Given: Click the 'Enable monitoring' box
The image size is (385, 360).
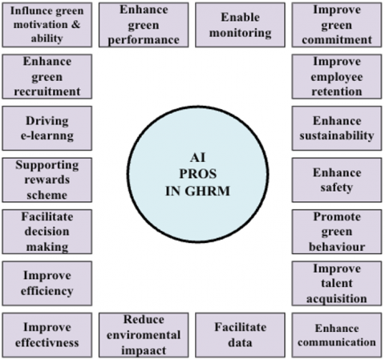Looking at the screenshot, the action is [x=240, y=25].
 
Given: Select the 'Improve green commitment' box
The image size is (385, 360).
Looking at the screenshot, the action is [x=337, y=25].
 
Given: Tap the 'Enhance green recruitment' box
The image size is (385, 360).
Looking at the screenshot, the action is [x=47, y=77].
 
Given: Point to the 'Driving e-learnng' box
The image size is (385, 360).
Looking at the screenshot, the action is [x=47, y=128].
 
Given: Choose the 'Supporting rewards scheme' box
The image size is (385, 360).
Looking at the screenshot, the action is [x=47, y=180].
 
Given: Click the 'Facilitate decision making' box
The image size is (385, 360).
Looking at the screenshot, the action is [x=47, y=232].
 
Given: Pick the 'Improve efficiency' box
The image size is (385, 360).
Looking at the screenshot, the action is [x=47, y=283].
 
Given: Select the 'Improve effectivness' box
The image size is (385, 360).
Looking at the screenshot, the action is [x=47, y=335].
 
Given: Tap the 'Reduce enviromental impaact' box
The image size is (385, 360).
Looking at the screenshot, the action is [x=144, y=335].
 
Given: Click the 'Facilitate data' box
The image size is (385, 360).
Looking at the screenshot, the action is [x=240, y=335].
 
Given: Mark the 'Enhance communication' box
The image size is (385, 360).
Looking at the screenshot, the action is [x=337, y=335].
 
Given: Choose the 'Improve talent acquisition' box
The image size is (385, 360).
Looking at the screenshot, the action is [x=337, y=283].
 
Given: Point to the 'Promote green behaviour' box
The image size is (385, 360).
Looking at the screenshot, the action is [x=337, y=232].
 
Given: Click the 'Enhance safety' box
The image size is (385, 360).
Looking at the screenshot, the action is [x=337, y=180].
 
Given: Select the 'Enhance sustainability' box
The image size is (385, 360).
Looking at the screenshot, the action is [x=337, y=128].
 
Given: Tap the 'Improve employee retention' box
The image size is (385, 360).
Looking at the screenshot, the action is [x=337, y=77].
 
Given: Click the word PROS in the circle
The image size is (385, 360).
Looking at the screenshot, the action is [x=198, y=174].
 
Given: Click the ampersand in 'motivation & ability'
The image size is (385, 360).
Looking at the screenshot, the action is [x=75, y=25].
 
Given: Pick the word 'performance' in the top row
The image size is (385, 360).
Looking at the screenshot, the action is [x=144, y=40].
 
